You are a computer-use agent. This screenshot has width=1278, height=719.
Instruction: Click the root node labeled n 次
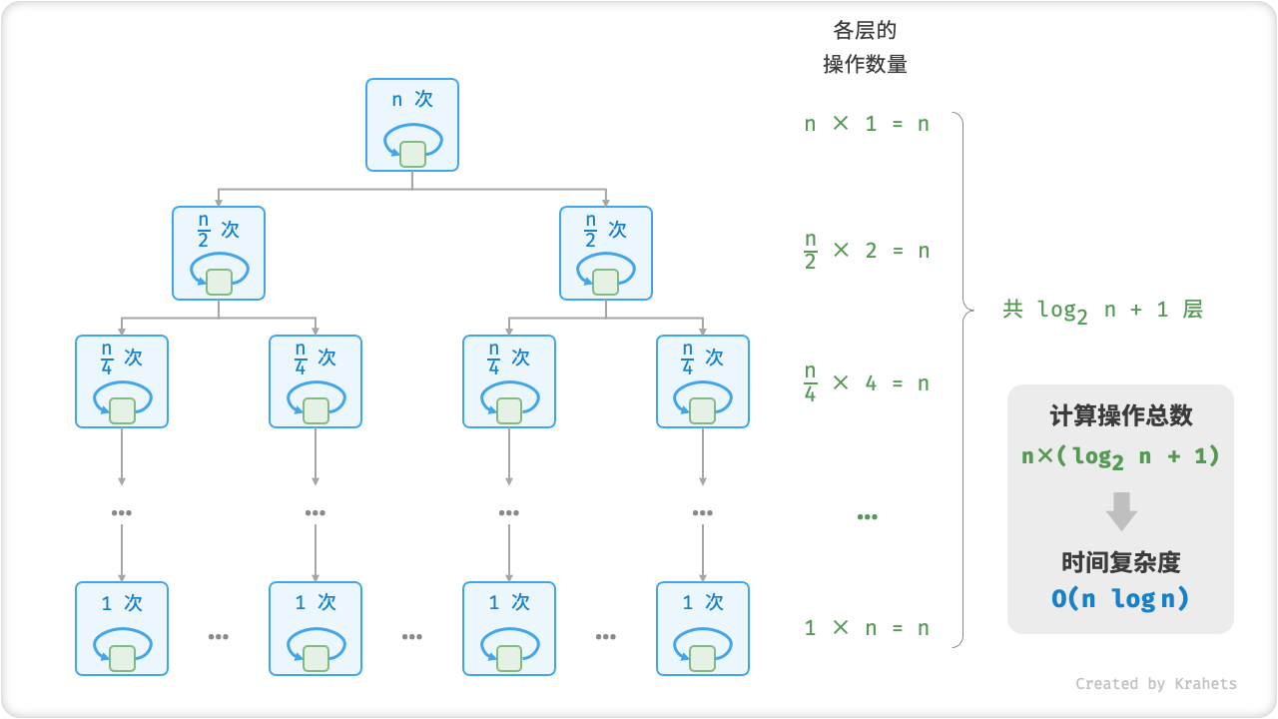[x=412, y=125]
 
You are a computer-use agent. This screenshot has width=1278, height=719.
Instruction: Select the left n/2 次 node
[x=219, y=253]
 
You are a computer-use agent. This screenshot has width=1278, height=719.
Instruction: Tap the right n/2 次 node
[x=606, y=253]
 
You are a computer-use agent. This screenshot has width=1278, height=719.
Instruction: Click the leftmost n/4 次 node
[x=122, y=381]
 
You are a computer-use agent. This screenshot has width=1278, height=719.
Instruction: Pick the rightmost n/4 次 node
[x=703, y=381]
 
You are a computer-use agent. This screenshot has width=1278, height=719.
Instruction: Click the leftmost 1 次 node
[x=122, y=628]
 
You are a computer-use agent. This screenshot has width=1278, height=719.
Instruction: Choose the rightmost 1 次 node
[x=703, y=628]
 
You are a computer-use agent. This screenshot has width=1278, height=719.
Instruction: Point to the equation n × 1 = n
[x=867, y=125]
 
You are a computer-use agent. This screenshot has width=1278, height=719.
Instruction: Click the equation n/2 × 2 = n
[x=867, y=250]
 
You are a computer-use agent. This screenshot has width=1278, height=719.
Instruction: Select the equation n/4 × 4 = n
[x=867, y=382]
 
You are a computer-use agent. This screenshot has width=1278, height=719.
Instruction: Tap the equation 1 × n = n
[x=867, y=628]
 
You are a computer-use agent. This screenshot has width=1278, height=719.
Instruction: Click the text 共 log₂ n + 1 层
[x=1102, y=310]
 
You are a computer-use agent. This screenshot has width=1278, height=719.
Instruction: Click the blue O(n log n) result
[x=1120, y=599]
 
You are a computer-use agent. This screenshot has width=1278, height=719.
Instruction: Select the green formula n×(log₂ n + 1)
[x=1120, y=456]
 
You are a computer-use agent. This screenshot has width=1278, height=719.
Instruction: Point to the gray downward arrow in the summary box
[x=1121, y=510]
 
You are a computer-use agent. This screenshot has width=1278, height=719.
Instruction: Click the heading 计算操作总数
[x=1120, y=416]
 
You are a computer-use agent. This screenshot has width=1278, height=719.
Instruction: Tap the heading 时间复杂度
[x=1120, y=562]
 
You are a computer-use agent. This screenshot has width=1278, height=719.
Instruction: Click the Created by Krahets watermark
[x=1156, y=684]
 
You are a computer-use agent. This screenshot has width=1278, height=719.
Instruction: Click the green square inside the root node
[x=412, y=154]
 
